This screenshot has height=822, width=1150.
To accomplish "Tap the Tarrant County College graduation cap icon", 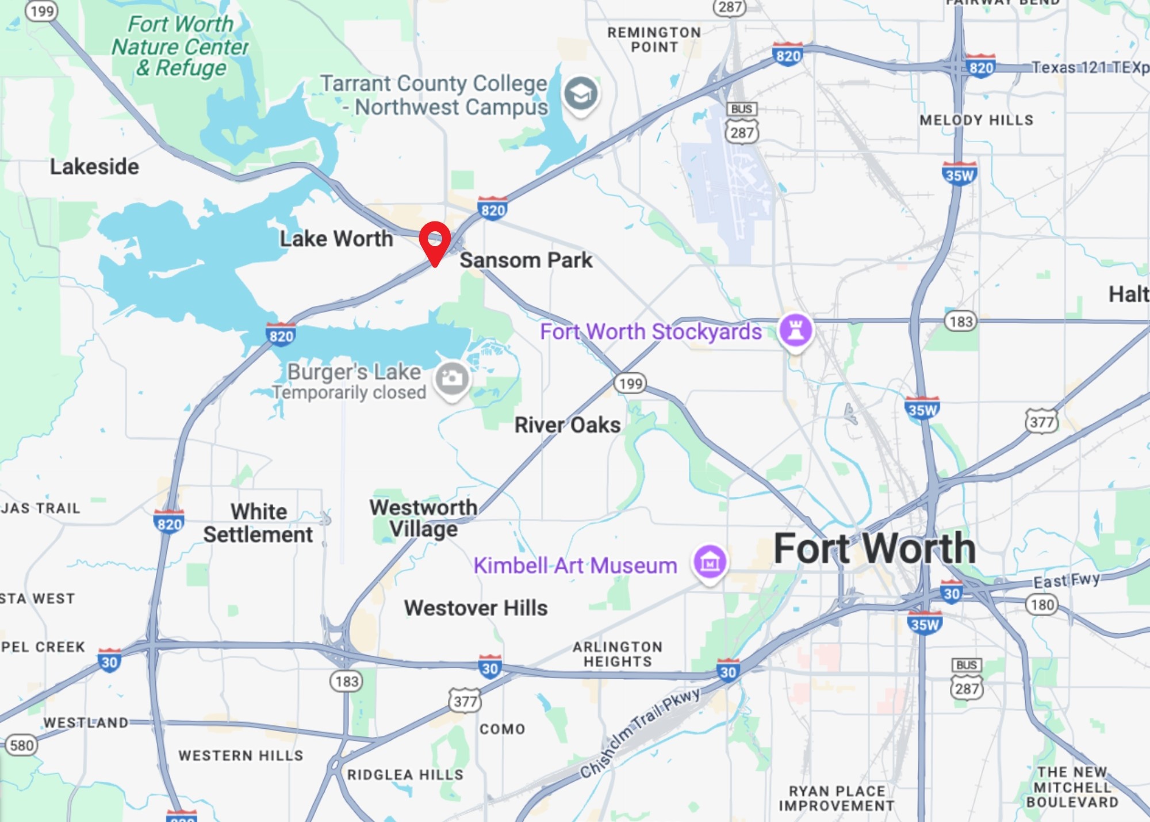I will [580, 93].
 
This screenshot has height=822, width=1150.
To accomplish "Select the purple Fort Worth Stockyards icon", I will [796, 331].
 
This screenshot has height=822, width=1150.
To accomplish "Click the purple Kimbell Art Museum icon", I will [710, 563].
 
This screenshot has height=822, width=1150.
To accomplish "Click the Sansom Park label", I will [526, 260].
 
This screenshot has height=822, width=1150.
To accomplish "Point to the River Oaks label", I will [567, 425].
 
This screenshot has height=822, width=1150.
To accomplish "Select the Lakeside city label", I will [94, 167].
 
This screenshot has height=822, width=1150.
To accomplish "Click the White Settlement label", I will [258, 523].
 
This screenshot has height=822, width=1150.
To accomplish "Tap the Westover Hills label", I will [476, 608].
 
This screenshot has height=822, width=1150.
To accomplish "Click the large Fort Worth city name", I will [874, 549].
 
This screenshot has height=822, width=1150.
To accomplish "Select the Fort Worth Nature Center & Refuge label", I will [180, 46].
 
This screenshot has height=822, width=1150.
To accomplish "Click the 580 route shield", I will [21, 745].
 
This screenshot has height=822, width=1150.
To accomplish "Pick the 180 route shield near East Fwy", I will [1042, 605].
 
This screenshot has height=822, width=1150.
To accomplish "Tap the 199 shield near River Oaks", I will [630, 383].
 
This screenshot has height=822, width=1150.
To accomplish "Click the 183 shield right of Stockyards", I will [961, 322].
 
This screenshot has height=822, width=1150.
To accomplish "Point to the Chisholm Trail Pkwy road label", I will [639, 733].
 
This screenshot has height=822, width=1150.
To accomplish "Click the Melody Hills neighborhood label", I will [976, 120].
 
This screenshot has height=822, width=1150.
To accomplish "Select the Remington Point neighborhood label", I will [654, 40].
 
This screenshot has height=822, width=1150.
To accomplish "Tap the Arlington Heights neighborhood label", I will [618, 655].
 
